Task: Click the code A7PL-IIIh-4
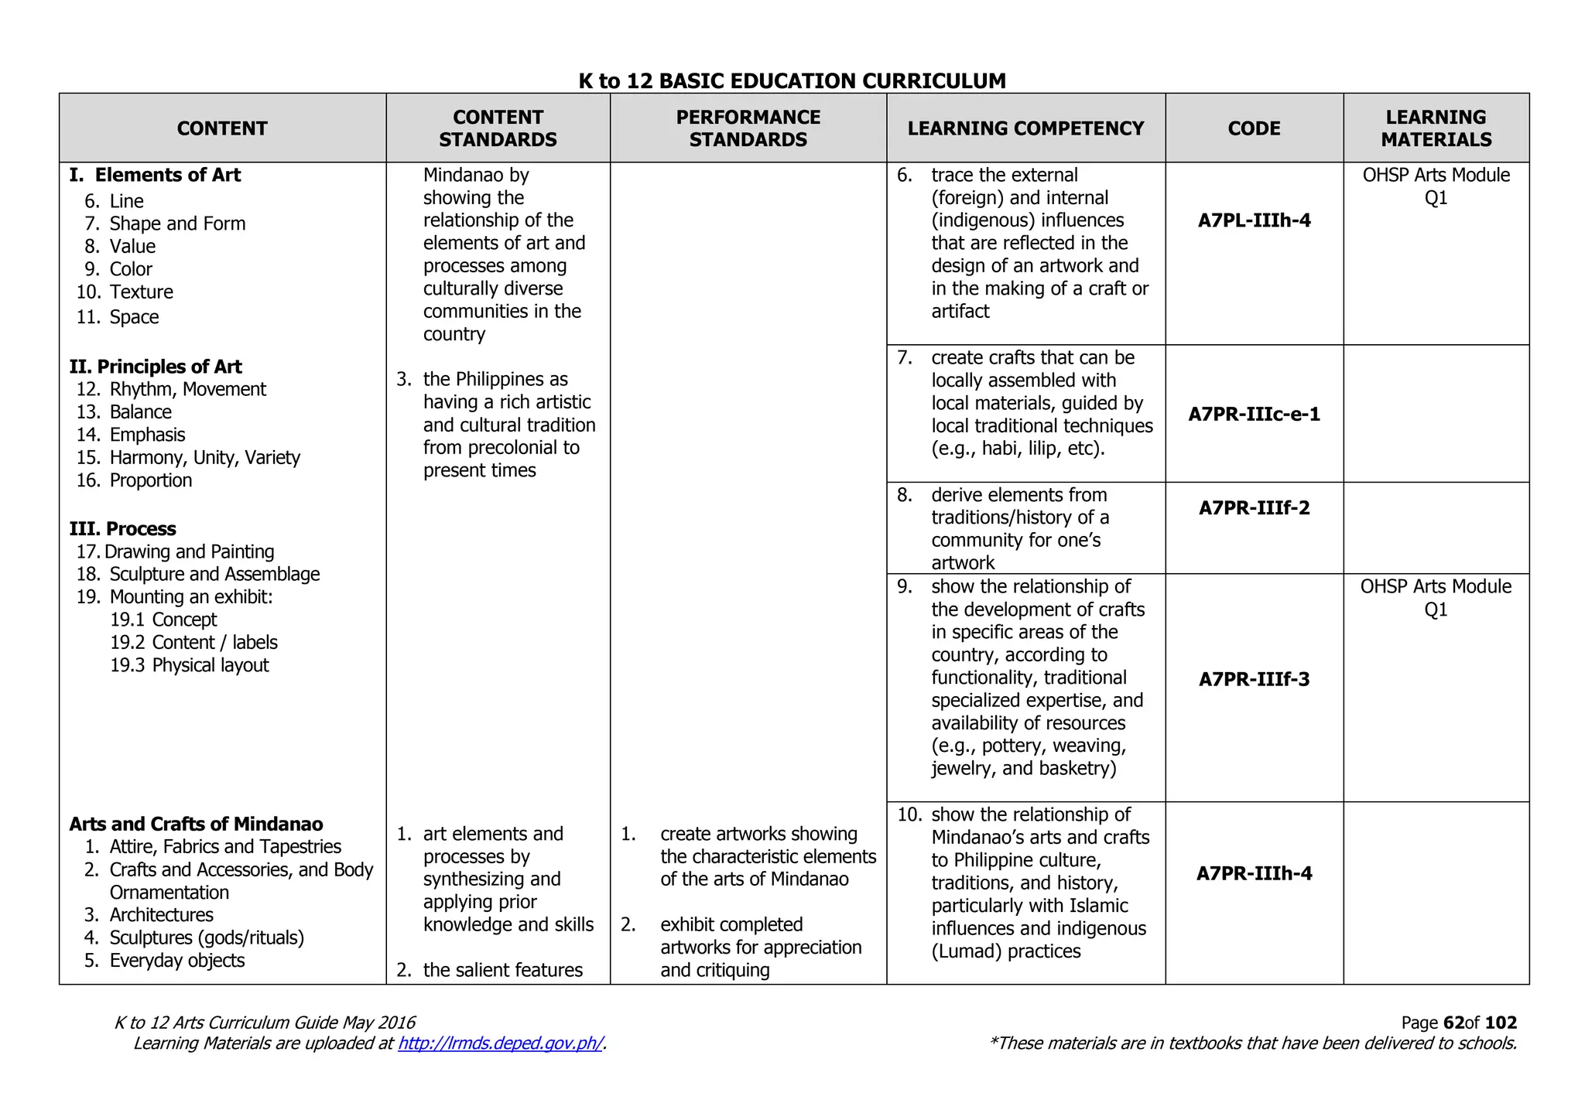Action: pos(1254,220)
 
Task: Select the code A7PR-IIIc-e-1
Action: pos(1254,415)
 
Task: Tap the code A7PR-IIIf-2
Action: pos(1254,508)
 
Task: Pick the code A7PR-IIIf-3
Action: pos(1254,680)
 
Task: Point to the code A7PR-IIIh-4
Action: pos(1254,874)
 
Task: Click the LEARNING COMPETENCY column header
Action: pos(1025,128)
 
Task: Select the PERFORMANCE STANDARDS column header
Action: pos(748,128)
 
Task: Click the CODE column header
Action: pos(1254,128)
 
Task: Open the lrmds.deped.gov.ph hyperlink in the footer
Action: pos(500,1043)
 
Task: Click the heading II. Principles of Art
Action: pos(156,367)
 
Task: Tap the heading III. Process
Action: pos(122,529)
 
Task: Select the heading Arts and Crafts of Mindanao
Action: pos(196,825)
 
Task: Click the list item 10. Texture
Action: pos(125,292)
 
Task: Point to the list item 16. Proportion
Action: pos(134,480)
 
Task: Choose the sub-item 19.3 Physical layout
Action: pos(190,665)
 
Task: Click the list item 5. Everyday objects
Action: pos(165,961)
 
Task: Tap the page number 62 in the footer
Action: pos(1453,1023)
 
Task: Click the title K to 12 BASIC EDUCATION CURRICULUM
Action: pos(792,81)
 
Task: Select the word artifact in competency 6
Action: pos(960,312)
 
